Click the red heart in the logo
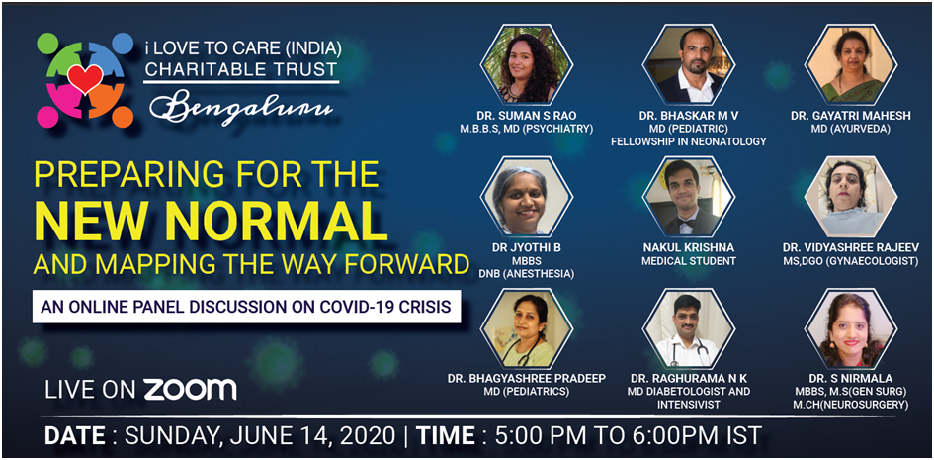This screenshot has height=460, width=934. [x=85, y=79]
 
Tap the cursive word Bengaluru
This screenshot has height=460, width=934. [x=241, y=108]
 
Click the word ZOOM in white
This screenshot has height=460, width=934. [x=190, y=389]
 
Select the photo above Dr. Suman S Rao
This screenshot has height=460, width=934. [x=527, y=64]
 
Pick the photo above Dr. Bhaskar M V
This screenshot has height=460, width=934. [x=689, y=64]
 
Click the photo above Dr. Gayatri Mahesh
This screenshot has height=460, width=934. [x=851, y=64]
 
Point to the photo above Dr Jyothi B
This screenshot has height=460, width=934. [x=527, y=197]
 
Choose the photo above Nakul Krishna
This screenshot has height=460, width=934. [x=689, y=197]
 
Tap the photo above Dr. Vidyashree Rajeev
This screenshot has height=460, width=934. [x=851, y=197]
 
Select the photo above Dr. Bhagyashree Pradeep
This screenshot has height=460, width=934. [x=527, y=328]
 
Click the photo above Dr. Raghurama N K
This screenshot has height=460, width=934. [x=689, y=328]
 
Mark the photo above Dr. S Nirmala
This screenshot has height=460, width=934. [x=851, y=328]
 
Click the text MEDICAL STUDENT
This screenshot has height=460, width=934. [x=689, y=261]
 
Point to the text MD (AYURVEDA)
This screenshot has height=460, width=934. [x=851, y=130]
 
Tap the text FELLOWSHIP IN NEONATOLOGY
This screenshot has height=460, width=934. [x=689, y=141]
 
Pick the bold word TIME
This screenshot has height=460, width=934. [x=446, y=435]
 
